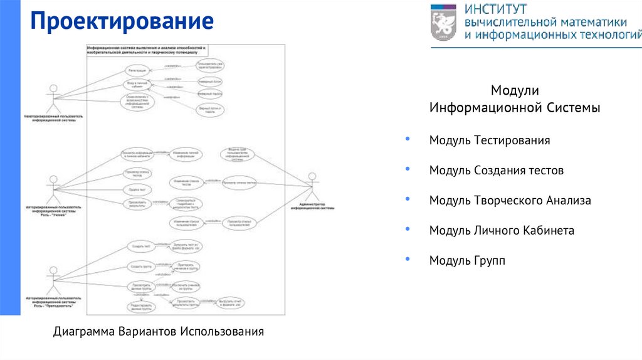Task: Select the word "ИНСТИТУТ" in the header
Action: point(495,9)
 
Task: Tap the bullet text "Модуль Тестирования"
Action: point(489,140)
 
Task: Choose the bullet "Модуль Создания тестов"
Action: point(496,171)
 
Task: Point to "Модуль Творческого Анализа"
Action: point(510,201)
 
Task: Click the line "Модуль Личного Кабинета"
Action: point(501,231)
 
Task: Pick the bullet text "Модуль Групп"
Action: point(466,260)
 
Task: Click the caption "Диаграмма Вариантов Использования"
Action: point(159,331)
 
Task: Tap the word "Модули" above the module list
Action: point(514,92)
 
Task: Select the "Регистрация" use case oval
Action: point(137,70)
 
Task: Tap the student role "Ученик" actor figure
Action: point(53,187)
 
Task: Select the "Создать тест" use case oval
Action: point(138,246)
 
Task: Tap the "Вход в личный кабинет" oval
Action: point(137,85)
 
